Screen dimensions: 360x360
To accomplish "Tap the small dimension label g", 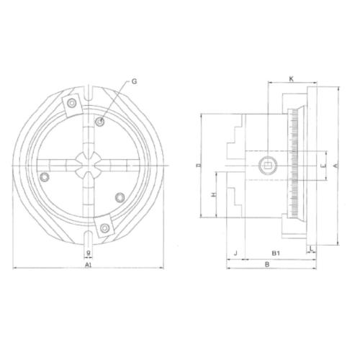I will [87, 253].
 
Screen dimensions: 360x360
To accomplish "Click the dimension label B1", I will [275, 253].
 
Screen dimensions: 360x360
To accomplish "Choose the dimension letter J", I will [235, 253].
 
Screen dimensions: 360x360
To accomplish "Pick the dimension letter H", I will [214, 194].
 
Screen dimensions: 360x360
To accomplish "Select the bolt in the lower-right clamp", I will [105, 228].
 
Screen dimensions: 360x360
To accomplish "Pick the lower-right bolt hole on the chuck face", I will [121, 196].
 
